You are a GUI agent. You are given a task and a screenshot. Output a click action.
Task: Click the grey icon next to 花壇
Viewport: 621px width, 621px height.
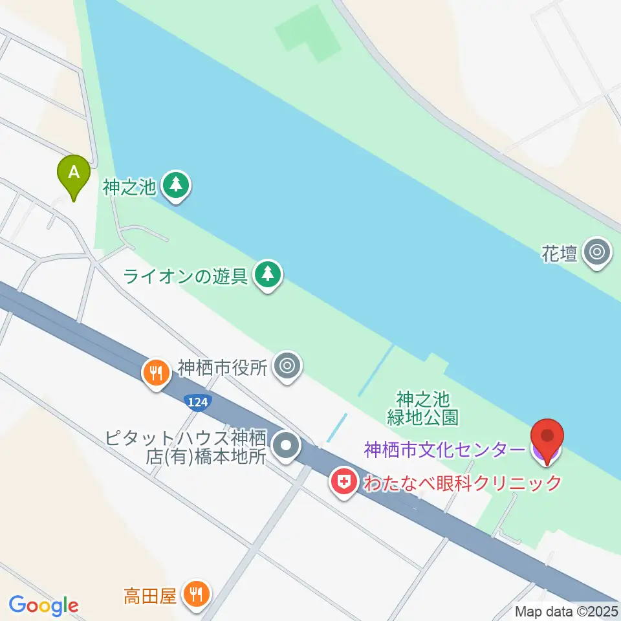coord(596,252)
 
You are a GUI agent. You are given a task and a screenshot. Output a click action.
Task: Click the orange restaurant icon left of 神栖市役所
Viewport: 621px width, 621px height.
coord(155,374)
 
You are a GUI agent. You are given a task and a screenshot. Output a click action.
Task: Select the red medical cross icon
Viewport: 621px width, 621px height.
coord(343,482)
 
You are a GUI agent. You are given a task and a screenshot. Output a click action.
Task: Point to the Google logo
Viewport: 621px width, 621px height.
coord(43,605)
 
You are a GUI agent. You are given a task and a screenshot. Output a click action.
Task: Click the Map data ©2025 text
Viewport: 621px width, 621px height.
coord(567,611)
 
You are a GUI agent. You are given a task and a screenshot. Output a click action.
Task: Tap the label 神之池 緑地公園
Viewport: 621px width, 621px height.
coord(423,408)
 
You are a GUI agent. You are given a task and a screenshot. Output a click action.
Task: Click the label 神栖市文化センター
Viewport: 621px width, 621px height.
coord(445,450)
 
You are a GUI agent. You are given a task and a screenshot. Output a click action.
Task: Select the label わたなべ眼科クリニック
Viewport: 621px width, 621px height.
coord(460,483)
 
